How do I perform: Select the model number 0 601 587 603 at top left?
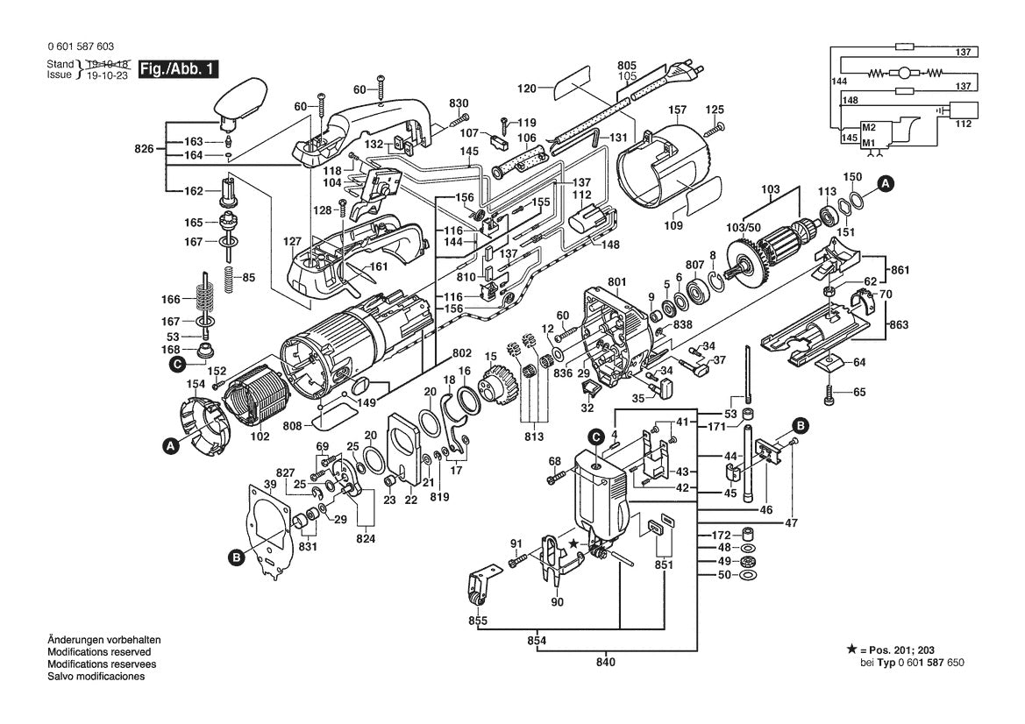pos(80,46)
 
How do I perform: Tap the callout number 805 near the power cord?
pos(627,65)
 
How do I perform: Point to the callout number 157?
pos(677,110)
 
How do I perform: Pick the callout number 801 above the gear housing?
pos(617,282)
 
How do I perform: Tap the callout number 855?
pos(477,621)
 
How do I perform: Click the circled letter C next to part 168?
pos(177,364)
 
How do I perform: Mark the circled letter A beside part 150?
pos(886,184)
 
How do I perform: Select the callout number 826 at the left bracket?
pos(146,149)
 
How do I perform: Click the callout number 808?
pos(292,426)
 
